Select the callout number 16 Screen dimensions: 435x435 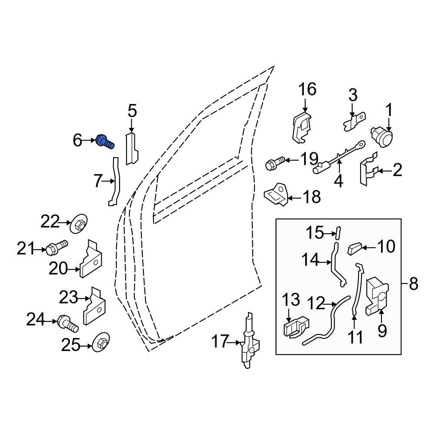[x=307, y=90]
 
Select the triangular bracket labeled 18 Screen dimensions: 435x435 [x=277, y=196]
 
